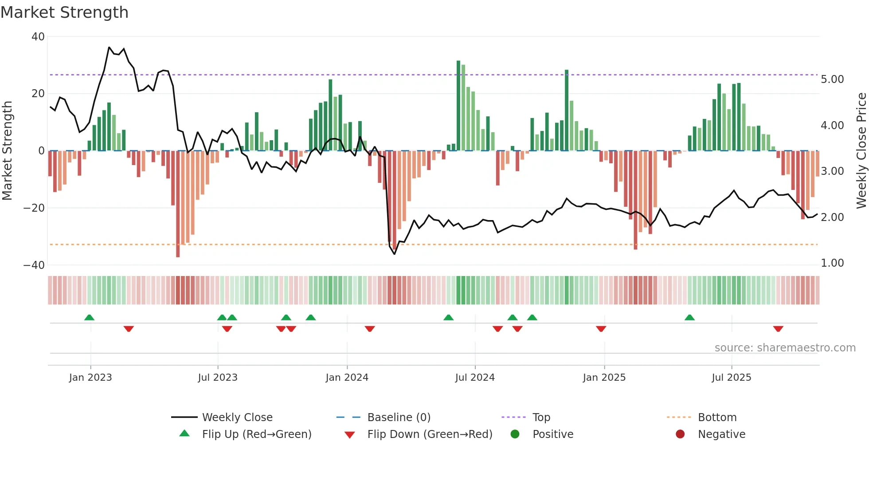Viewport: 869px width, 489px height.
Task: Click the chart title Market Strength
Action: (x=64, y=12)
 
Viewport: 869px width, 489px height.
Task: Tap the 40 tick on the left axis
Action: (x=38, y=37)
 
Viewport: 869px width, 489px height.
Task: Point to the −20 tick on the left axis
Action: (x=34, y=208)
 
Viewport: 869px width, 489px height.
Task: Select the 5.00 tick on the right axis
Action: (x=832, y=79)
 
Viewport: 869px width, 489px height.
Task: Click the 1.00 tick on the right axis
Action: (x=832, y=263)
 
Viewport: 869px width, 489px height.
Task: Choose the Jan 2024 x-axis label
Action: (x=347, y=378)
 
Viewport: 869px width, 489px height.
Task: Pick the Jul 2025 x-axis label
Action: (x=731, y=378)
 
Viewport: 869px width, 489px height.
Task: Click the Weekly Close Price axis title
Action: (x=861, y=151)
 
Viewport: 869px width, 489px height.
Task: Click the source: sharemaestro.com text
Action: (x=785, y=348)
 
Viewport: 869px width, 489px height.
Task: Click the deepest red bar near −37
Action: (x=178, y=204)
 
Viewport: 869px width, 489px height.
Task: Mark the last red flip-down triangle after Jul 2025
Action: (x=778, y=329)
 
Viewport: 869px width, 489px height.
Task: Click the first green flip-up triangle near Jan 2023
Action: (x=89, y=317)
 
